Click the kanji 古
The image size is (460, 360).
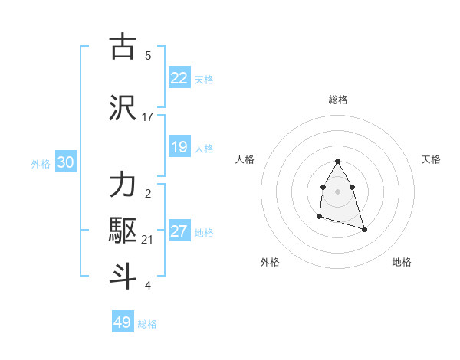pos(123,47)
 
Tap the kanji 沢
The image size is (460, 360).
pos(123,107)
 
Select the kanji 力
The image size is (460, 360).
pos(123,186)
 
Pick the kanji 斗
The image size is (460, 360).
pos(123,277)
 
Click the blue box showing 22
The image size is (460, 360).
pos(179,78)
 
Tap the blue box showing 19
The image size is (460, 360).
pos(179,147)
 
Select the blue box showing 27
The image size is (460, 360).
pos(179,232)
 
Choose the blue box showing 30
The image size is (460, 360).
pos(65,163)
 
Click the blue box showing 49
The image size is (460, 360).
pos(123,322)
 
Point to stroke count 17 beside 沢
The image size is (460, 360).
pos(148,117)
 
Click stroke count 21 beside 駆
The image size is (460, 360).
pos(148,241)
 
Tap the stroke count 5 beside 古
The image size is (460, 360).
pos(148,56)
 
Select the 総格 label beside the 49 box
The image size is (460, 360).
pos(147,324)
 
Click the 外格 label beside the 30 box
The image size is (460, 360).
pos(41,164)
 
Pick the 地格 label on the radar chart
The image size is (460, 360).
pos(402,262)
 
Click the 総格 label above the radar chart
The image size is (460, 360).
pos(338,100)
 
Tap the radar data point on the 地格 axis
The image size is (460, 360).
pos(364,229)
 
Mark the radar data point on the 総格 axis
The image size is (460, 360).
pos(338,162)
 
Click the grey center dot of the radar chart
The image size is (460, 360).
pos(338,191)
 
